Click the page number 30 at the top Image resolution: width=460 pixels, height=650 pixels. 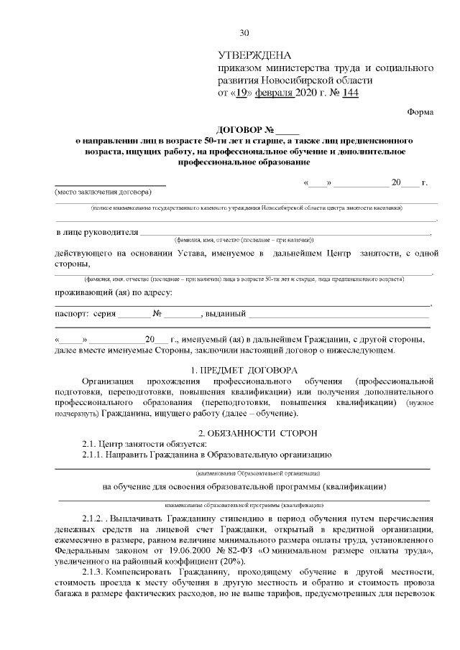pos(243,32)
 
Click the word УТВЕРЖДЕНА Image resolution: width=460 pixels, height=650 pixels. pos(255,55)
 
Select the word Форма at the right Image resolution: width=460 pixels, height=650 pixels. pos(420,112)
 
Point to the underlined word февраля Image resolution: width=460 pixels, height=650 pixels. pos(276,93)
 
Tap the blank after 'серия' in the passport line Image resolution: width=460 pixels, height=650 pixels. pos(134,315)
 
